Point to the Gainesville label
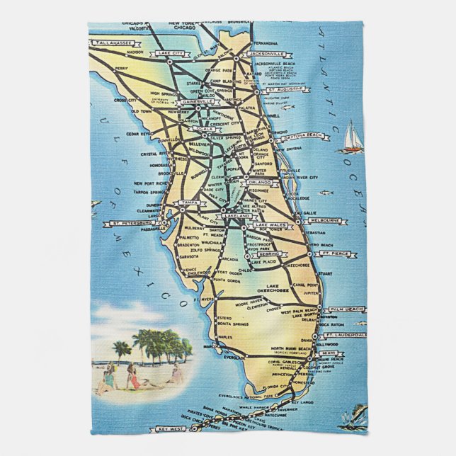click(198, 102)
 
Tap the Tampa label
click(188, 203)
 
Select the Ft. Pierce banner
click(331, 253)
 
